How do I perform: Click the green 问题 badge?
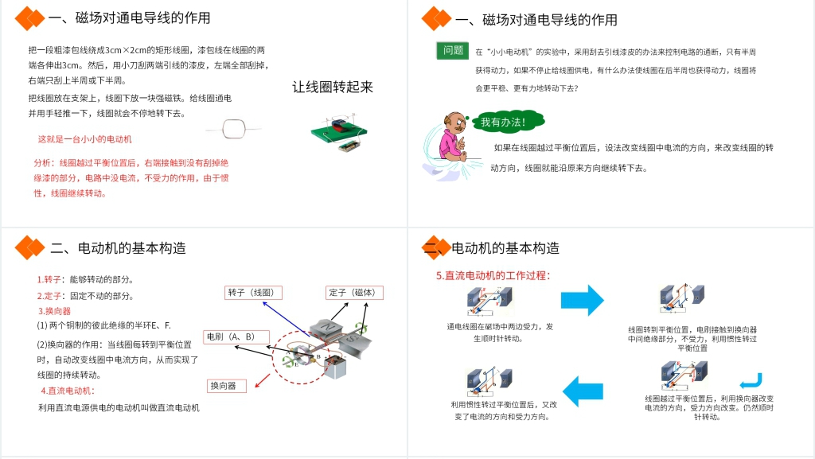click(x=453, y=50)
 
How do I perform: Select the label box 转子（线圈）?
click(x=252, y=292)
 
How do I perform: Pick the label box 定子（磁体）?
click(x=353, y=292)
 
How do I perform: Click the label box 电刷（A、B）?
click(x=236, y=336)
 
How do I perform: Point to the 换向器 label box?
click(x=227, y=386)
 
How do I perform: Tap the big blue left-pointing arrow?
click(x=583, y=388)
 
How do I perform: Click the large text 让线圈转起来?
click(x=332, y=87)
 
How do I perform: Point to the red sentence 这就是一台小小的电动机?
click(x=85, y=139)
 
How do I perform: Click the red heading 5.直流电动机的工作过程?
click(x=493, y=275)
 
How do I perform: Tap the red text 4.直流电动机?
click(x=68, y=391)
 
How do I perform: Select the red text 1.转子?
click(x=49, y=279)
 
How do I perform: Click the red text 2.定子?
click(x=49, y=296)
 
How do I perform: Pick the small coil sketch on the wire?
click(x=234, y=127)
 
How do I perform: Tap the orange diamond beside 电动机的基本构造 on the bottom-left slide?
click(x=31, y=247)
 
